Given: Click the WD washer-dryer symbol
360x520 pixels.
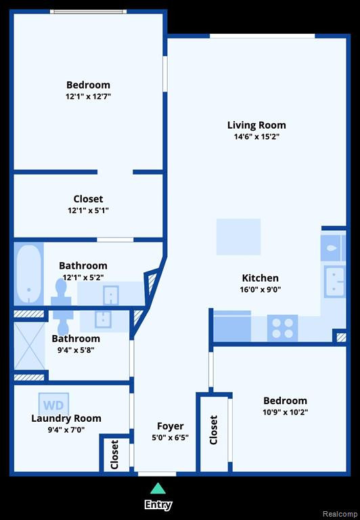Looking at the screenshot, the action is click(53, 404).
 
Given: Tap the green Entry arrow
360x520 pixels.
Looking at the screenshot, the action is click(158, 488).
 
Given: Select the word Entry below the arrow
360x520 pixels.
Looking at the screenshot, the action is click(158, 504).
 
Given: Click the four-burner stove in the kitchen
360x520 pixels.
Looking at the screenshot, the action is click(282, 328).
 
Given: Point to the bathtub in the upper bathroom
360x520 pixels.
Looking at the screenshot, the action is click(29, 274).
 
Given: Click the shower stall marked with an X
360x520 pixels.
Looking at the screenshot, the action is click(30, 346).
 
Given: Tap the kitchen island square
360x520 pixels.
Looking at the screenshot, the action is click(238, 237).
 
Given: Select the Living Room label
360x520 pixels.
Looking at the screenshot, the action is click(256, 125).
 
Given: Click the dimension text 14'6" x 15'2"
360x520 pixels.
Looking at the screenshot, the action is click(257, 137).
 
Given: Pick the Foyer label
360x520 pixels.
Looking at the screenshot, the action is click(170, 426).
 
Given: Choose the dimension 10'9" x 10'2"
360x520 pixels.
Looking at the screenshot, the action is click(285, 412).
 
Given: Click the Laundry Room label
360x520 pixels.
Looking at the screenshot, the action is click(66, 418).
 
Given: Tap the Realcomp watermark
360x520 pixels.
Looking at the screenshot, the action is click(340, 514).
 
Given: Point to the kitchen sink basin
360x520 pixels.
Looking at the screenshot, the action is click(334, 282).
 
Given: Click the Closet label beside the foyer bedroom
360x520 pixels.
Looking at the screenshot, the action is click(213, 430).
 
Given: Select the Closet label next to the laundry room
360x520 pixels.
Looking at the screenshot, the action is click(114, 455).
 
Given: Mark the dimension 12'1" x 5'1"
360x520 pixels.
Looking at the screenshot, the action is click(88, 211).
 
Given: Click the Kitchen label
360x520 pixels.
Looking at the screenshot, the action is click(261, 278).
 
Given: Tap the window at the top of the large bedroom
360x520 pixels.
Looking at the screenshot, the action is click(89, 12).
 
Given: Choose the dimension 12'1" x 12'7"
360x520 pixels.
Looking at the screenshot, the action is click(88, 97).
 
